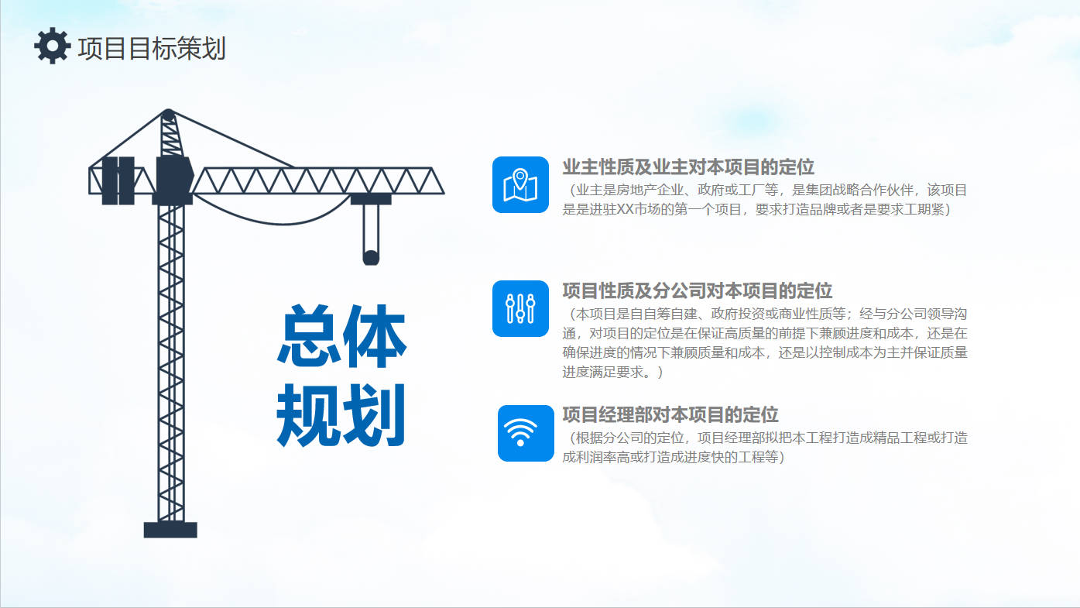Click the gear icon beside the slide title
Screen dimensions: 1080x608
click(52, 46)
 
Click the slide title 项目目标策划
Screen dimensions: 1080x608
click(152, 49)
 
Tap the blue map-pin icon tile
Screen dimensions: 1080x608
click(520, 184)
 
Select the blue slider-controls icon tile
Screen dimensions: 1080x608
click(520, 308)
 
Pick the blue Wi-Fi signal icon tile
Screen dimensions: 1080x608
click(526, 433)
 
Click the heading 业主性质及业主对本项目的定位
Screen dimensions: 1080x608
click(688, 167)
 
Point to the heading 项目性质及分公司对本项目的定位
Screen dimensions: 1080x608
click(698, 290)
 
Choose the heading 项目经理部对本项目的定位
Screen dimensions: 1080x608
click(670, 414)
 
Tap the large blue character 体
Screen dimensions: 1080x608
click(374, 336)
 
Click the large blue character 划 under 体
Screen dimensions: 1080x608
click(373, 414)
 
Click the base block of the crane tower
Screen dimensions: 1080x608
click(170, 530)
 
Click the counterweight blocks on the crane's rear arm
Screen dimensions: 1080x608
click(118, 180)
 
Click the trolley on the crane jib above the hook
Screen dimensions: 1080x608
click(371, 198)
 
